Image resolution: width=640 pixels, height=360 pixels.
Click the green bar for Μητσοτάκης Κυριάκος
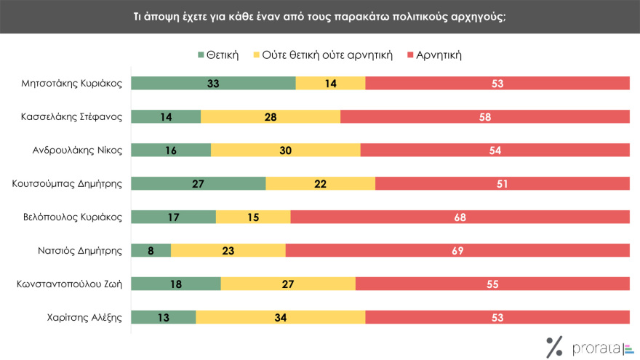click(x=213, y=83)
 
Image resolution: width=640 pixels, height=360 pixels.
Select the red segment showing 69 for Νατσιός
click(x=457, y=250)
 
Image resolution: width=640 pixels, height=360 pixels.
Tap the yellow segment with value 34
click(x=281, y=317)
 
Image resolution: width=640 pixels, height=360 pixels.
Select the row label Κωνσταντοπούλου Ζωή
click(x=68, y=284)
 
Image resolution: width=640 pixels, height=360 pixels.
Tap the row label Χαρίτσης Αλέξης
click(x=85, y=317)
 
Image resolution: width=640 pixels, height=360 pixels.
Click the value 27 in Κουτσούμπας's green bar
click(x=199, y=183)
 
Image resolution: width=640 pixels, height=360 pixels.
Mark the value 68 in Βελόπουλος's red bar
click(x=460, y=217)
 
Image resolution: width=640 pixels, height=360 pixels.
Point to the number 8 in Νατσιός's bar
click(x=151, y=250)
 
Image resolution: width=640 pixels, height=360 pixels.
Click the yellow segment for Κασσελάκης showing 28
click(x=271, y=116)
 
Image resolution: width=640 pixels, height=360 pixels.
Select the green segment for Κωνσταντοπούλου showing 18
click(x=176, y=284)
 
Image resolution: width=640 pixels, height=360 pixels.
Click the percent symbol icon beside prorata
click(x=555, y=347)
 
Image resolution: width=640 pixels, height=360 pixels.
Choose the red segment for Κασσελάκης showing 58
click(x=485, y=116)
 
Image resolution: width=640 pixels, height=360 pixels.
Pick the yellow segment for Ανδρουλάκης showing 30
click(x=286, y=150)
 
